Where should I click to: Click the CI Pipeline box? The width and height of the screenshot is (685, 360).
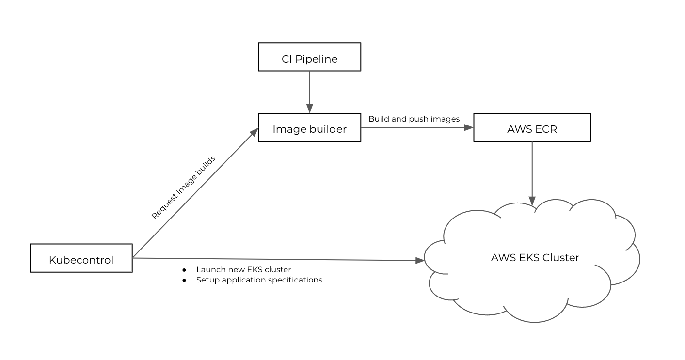pos(309,57)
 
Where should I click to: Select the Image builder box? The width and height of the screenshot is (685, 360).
pos(309,128)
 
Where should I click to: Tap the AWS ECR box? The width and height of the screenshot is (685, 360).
pos(532,128)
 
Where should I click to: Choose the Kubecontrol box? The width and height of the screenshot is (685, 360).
pos(81,258)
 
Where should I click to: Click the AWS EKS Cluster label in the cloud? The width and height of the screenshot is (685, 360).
pos(535,257)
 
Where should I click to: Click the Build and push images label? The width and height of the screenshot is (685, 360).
pos(414,119)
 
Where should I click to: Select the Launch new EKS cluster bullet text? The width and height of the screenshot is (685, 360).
pos(243,269)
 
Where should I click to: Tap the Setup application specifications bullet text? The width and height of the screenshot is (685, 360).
pos(259,280)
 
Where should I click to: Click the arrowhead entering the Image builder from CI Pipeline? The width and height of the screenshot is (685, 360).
pos(309,110)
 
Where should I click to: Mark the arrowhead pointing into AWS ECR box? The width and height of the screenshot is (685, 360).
pos(469,128)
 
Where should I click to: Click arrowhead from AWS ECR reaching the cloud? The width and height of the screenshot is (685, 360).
pos(532,201)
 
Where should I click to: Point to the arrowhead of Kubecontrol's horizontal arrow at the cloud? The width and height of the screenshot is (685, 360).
pos(420,261)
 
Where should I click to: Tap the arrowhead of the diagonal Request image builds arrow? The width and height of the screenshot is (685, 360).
pos(254,132)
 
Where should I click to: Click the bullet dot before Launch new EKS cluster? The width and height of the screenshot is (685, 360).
pos(184,269)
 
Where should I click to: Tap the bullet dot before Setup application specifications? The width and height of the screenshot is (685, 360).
pos(184,280)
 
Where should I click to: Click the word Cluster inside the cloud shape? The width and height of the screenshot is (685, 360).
pos(561,257)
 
